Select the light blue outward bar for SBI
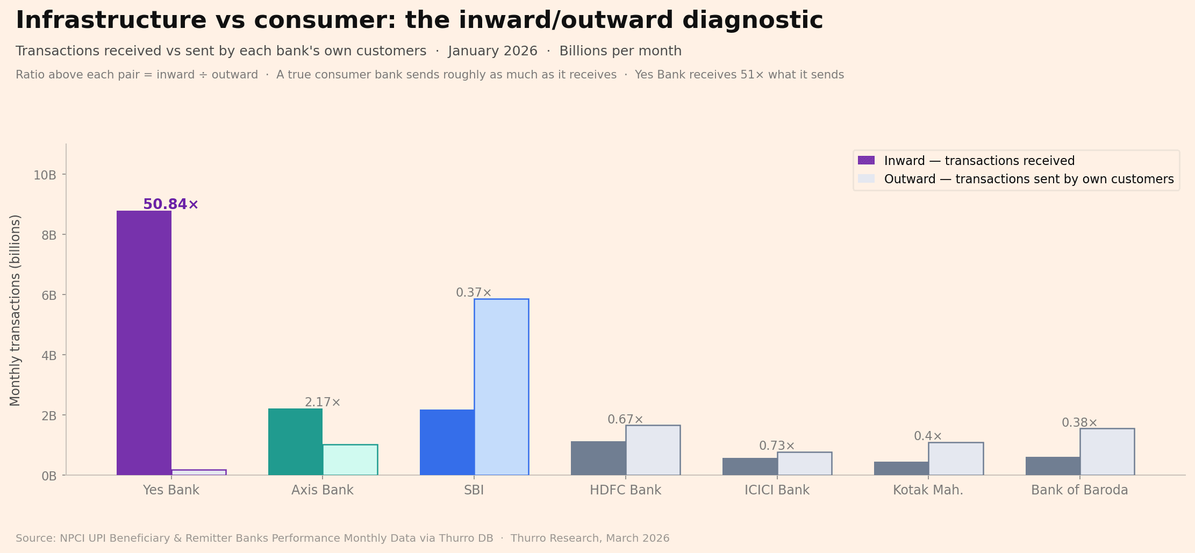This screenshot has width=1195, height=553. (501, 387)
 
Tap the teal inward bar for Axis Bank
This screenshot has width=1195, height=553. (295, 442)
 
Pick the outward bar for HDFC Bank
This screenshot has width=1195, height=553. (653, 450)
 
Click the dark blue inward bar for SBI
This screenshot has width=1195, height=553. (447, 442)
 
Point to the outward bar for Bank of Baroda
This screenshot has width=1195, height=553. (1107, 452)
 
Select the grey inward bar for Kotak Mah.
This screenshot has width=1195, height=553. (901, 468)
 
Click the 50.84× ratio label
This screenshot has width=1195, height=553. (170, 204)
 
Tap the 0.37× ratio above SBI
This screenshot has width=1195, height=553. (474, 293)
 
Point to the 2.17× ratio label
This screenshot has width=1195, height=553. (323, 403)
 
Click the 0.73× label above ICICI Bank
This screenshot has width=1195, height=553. (777, 446)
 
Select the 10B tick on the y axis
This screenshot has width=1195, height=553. (45, 175)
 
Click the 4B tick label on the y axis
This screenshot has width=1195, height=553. (48, 356)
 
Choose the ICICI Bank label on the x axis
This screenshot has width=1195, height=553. (777, 490)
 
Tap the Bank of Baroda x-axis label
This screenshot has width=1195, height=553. (1079, 490)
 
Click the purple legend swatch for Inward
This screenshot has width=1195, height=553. (866, 160)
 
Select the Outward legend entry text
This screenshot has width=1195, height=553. (1028, 179)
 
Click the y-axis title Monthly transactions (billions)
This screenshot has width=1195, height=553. (15, 310)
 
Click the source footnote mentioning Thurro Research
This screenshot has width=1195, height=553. (342, 538)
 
